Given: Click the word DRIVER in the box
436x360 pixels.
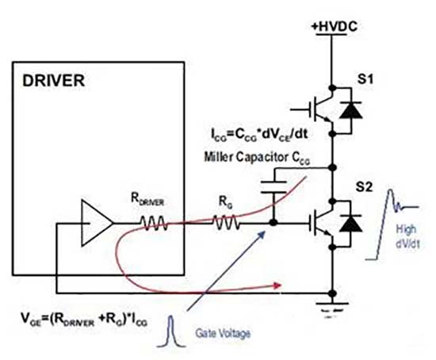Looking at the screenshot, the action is pyautogui.click(x=53, y=81).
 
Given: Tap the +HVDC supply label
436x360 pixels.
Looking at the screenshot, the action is pyautogui.click(x=334, y=26).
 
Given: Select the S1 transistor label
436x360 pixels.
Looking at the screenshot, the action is pyautogui.click(x=365, y=79).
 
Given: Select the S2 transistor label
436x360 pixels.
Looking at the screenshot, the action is pyautogui.click(x=364, y=187).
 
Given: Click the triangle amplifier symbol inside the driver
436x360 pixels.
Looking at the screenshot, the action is pyautogui.click(x=97, y=223).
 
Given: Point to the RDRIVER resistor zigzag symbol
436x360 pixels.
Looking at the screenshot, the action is pyautogui.click(x=154, y=223).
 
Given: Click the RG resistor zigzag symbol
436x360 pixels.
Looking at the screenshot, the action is pyautogui.click(x=226, y=223).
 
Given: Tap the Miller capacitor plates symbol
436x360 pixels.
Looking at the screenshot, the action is pyautogui.click(x=273, y=186).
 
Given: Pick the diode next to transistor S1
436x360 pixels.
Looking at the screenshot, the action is pyautogui.click(x=350, y=110).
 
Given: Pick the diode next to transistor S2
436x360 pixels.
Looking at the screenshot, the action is pyautogui.click(x=350, y=223).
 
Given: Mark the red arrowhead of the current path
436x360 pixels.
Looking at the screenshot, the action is pyautogui.click(x=277, y=285).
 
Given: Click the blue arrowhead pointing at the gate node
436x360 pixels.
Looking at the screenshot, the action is pyautogui.click(x=262, y=236).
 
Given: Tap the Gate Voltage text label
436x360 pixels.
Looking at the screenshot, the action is pyautogui.click(x=223, y=333).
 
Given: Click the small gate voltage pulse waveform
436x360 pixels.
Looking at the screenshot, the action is pyautogui.click(x=171, y=331).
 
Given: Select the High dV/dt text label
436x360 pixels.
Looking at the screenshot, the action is pyautogui.click(x=407, y=236).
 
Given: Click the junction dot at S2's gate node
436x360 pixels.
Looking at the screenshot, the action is pyautogui.click(x=273, y=223).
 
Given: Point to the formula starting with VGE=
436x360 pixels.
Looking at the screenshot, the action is pyautogui.click(x=84, y=319).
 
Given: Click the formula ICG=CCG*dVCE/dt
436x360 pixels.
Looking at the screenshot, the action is pyautogui.click(x=259, y=135).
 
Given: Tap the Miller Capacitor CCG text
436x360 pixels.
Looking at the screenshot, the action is pyautogui.click(x=257, y=158).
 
